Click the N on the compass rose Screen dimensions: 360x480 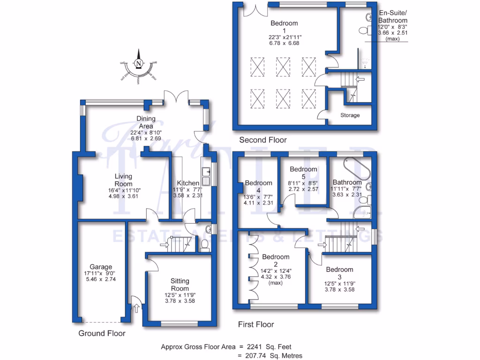[x=138, y=63]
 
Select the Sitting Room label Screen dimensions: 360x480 [x=180, y=284]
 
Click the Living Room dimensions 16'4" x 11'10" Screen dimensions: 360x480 [x=123, y=190]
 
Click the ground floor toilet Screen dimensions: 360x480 [x=205, y=245]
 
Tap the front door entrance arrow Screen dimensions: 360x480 [x=136, y=307]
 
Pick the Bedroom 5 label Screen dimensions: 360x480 [x=303, y=172]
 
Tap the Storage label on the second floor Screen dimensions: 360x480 [x=350, y=115]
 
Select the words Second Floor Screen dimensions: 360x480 [x=262, y=140]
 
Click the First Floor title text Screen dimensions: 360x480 [x=255, y=324]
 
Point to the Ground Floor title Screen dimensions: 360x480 [x=102, y=334]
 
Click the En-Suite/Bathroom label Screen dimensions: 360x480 [x=392, y=17]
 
